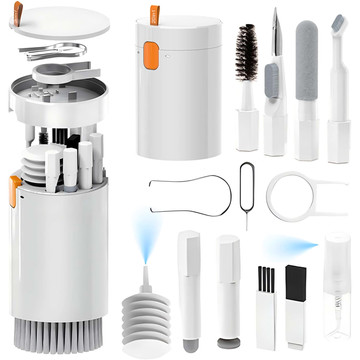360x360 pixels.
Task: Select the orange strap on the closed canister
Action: [x=154, y=15]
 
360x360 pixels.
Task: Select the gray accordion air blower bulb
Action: [x=151, y=301]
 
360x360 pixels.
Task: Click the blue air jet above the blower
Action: [x=146, y=240]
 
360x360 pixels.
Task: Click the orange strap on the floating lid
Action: [x=17, y=12]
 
